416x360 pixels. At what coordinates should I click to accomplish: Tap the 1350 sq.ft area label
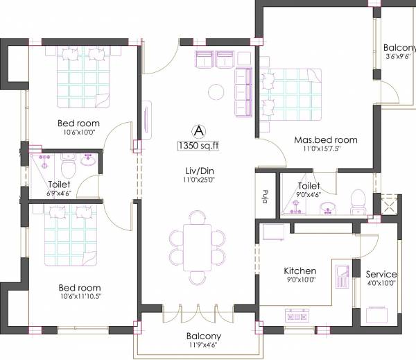pos(198,146)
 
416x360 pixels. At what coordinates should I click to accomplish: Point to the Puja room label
pos(266,195)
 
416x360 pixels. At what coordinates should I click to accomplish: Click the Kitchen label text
pos(300,271)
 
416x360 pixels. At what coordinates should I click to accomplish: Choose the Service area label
pos(381,274)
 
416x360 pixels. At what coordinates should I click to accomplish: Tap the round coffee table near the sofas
pos(216,91)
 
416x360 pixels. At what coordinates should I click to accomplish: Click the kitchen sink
pos(341,277)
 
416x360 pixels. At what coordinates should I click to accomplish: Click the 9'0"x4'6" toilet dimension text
pos(309,196)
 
